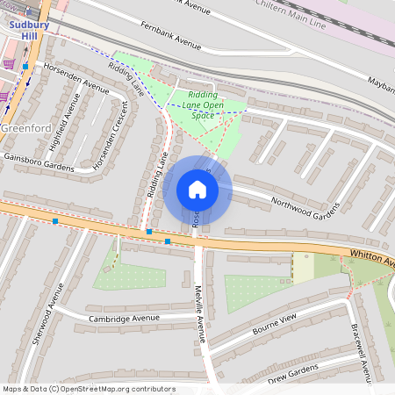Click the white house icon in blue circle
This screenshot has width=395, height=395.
tap(197, 189)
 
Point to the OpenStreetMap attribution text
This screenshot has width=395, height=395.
tap(88, 389)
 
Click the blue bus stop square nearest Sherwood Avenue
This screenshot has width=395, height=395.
tap(55, 222)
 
